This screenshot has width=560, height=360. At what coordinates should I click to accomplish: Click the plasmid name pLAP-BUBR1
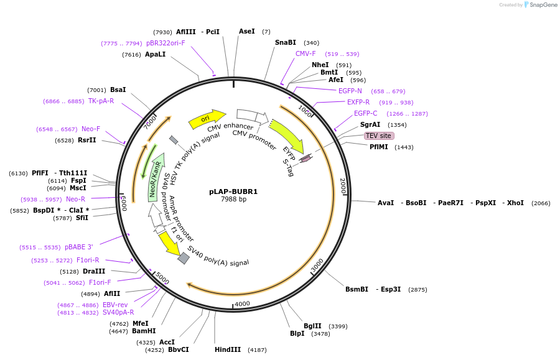pos(233,192)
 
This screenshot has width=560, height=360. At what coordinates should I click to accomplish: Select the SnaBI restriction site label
pos(286,42)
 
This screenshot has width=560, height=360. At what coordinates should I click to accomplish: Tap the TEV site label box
pos(379,136)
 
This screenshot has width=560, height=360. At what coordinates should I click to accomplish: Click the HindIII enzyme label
pos(228,349)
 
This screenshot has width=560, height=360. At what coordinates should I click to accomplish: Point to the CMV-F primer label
pos(306,53)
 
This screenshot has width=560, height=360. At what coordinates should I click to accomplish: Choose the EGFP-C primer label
pos(365,113)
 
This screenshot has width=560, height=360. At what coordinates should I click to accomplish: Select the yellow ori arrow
pos(207,118)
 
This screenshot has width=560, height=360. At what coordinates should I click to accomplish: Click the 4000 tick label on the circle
pos(242,303)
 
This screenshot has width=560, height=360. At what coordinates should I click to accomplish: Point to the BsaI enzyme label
pos(118,90)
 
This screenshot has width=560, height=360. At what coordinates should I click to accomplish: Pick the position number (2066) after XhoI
pos(541,203)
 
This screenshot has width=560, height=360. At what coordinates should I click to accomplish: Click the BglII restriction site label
pos(312,326)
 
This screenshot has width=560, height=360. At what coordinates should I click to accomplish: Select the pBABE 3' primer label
pos(79,247)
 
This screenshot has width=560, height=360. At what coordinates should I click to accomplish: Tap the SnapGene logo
pos(541,5)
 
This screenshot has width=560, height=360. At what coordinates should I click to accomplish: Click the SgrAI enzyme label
pos(370,124)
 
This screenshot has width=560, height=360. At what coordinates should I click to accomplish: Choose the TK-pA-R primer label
pos(101,101)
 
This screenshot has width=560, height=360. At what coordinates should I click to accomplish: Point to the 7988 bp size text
pos(233,200)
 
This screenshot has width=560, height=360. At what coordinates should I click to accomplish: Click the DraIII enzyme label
pos(95,271)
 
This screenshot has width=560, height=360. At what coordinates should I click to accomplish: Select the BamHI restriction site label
pos(144,331)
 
